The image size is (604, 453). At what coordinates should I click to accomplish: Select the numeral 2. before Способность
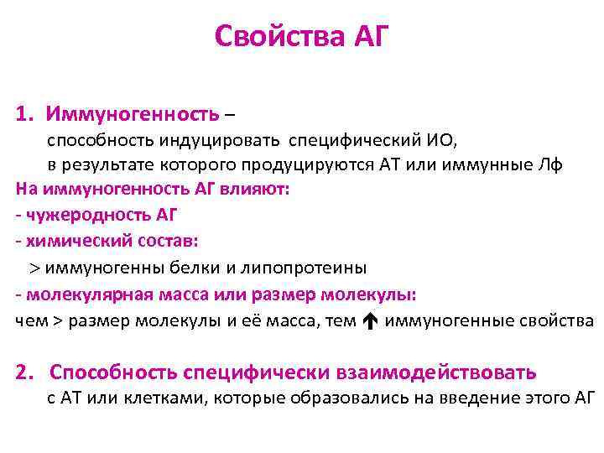(x=27, y=372)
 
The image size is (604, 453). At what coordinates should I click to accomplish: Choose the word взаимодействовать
(x=437, y=372)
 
